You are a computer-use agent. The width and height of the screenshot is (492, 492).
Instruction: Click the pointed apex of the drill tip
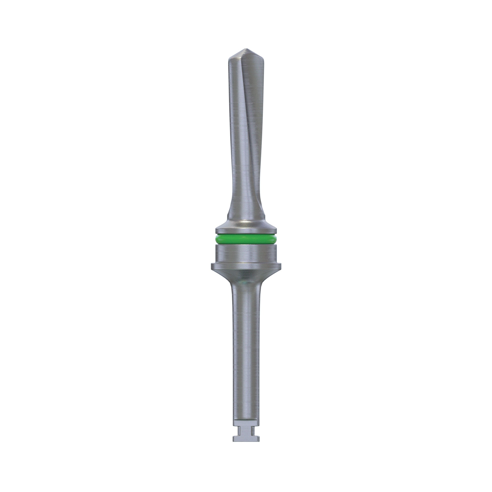click(245, 49)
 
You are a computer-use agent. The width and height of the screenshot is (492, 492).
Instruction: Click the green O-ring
click(246, 240)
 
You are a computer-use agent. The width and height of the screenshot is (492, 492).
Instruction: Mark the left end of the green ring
click(216, 240)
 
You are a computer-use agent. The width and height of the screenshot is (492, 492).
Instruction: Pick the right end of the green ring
click(276, 240)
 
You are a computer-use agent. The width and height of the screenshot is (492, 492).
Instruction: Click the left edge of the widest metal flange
click(212, 266)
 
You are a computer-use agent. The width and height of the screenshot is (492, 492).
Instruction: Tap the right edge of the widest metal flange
click(280, 266)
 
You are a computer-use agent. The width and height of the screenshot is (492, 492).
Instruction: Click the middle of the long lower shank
click(246, 356)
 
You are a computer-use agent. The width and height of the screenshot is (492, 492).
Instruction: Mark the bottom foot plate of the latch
click(246, 438)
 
